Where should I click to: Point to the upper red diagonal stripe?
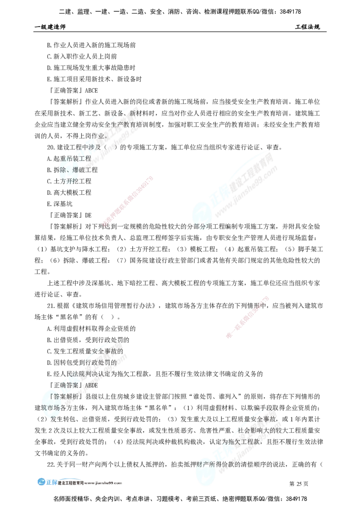click(128, 200)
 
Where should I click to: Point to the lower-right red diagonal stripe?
click(247, 317)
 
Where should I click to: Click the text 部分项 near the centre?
click(200, 227)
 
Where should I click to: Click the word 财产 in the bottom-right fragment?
click(201, 464)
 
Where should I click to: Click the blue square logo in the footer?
click(47, 482)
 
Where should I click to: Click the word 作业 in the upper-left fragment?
click(100, 135)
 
